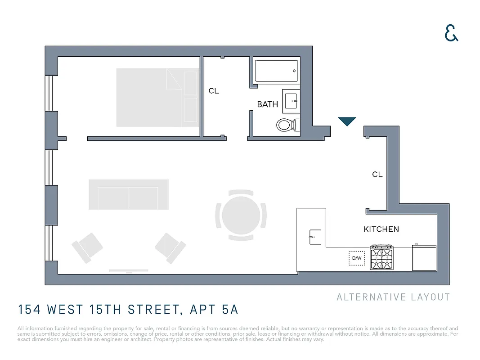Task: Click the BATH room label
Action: [268, 104]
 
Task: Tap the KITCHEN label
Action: [381, 229]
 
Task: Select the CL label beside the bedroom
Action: [214, 91]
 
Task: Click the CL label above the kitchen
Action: [377, 175]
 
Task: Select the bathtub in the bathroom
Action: [276, 71]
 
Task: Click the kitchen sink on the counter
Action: [315, 236]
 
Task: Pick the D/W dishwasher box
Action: [357, 258]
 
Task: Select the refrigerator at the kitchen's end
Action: [424, 258]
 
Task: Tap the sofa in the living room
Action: [128, 194]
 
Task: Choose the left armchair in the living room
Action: [87, 248]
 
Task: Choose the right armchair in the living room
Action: [170, 248]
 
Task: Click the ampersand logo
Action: [451, 33]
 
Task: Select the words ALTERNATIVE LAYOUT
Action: [393, 297]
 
